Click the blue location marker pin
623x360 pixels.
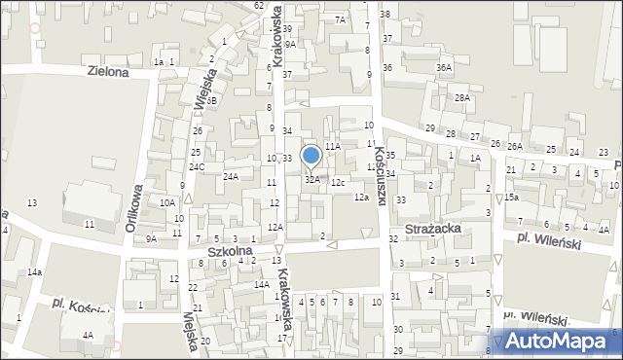311,156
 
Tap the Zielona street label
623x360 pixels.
107,71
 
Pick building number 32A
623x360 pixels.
312,179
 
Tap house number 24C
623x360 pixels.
197,166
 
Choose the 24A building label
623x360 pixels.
231,176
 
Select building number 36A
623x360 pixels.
444,67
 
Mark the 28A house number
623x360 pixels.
462,98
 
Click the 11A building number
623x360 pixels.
333,146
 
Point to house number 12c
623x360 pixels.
337,182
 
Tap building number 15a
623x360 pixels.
511,197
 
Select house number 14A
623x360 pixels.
262,284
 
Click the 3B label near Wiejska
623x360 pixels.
210,101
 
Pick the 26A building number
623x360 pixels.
515,146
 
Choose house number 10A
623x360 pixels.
167,202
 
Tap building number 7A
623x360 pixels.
340,19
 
